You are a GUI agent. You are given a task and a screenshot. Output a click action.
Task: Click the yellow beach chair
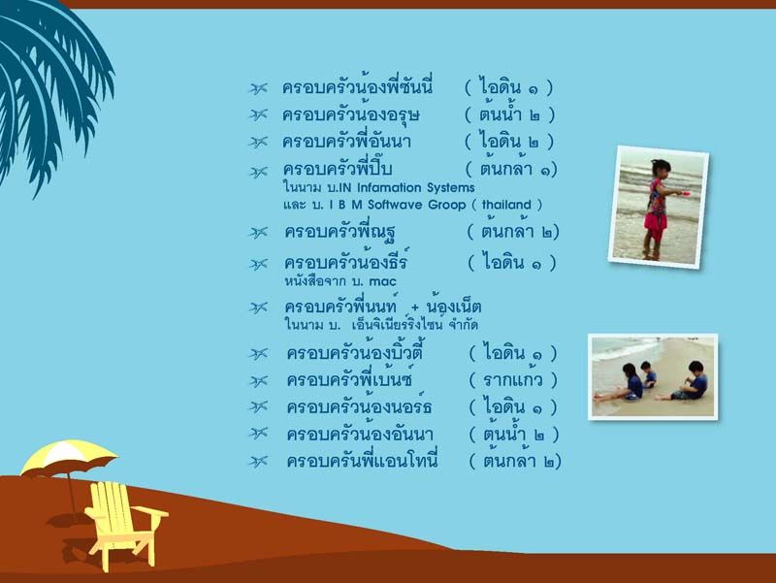pyautogui.click(x=124, y=525)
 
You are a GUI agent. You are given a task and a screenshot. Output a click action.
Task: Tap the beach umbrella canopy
pyautogui.click(x=68, y=457)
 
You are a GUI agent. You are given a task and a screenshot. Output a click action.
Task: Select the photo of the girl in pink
pyautogui.click(x=659, y=207)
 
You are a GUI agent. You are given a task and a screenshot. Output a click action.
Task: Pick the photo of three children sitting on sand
pyautogui.click(x=653, y=377)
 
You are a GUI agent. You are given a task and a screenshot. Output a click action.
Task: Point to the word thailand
pyautogui.click(x=506, y=205)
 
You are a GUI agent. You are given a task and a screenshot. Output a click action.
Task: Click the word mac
pyautogui.click(x=382, y=281)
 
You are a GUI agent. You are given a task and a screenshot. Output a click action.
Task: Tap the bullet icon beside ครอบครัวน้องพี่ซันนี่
pyautogui.click(x=258, y=88)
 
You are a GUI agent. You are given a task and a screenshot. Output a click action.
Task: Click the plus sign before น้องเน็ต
pyautogui.click(x=415, y=308)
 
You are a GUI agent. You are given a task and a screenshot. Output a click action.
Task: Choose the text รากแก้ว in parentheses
pyautogui.click(x=513, y=380)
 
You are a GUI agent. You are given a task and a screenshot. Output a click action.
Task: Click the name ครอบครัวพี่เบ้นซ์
pyautogui.click(x=349, y=379)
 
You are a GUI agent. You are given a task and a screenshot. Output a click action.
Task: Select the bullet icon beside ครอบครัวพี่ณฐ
pyautogui.click(x=258, y=233)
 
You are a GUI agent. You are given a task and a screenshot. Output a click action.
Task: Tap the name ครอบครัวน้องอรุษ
pyautogui.click(x=351, y=114)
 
